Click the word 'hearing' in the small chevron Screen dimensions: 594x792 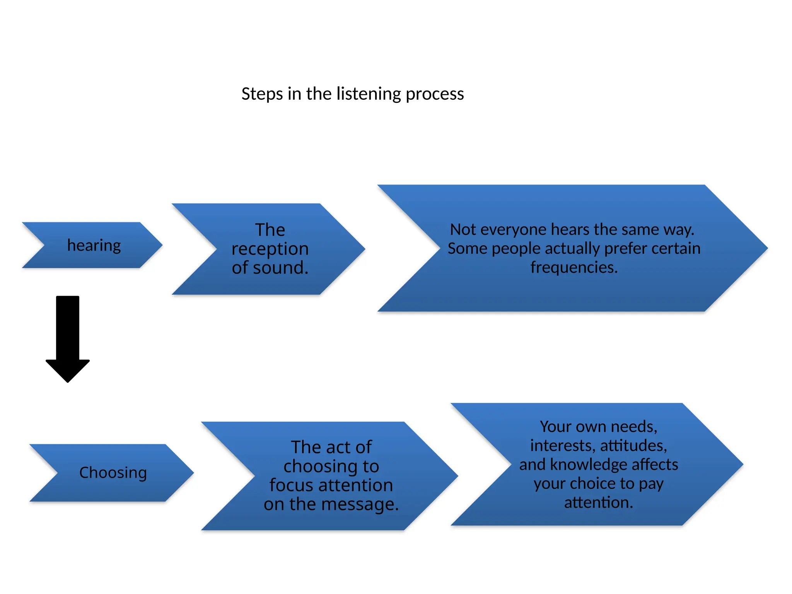[x=94, y=246]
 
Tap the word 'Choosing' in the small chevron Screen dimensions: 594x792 [x=113, y=473]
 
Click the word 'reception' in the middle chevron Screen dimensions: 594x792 [x=270, y=249]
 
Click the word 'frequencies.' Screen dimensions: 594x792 [x=574, y=267]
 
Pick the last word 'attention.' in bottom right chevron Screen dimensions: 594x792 [x=599, y=502]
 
